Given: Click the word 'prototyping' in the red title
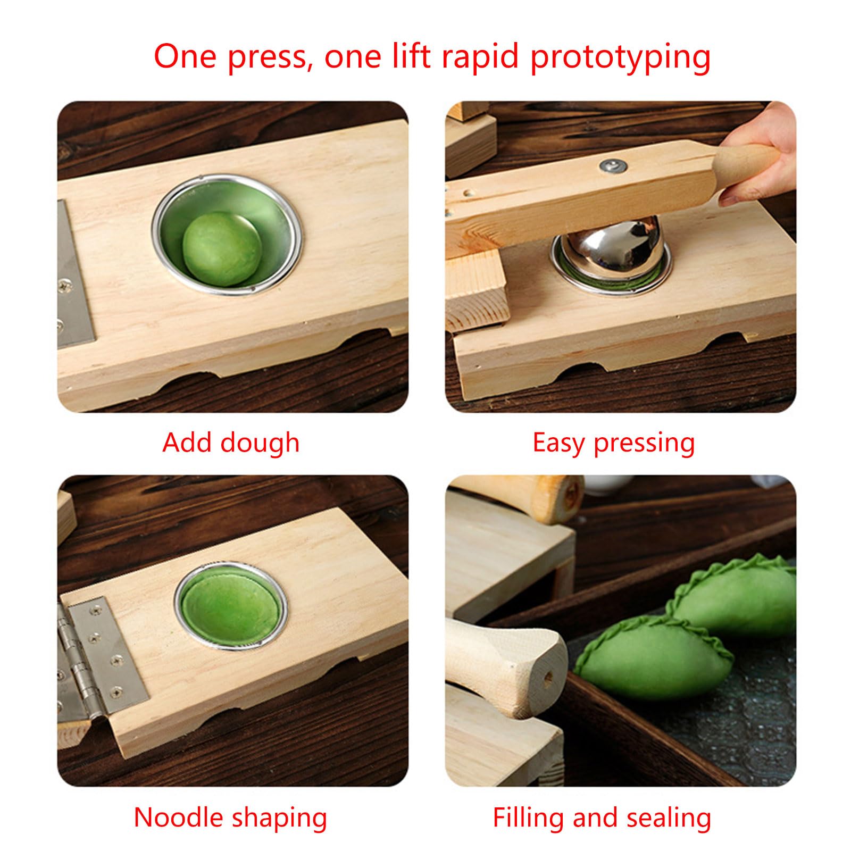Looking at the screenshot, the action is (x=620, y=58).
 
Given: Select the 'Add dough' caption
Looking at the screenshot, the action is (x=231, y=443).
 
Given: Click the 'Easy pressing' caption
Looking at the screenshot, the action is (x=614, y=443).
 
